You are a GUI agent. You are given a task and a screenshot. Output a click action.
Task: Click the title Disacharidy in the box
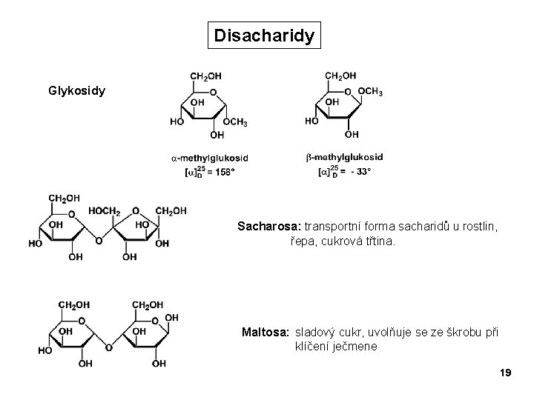(x=265, y=35)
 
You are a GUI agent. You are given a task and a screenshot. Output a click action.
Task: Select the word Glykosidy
(x=76, y=91)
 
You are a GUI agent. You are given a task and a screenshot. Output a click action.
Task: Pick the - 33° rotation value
(x=360, y=171)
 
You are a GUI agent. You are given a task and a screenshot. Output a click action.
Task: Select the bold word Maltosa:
(x=266, y=331)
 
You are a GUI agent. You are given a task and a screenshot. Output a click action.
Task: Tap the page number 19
(x=506, y=372)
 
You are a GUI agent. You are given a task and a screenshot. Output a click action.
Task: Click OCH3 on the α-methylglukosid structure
(x=235, y=122)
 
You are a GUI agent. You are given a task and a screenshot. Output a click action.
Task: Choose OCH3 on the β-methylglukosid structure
(x=370, y=92)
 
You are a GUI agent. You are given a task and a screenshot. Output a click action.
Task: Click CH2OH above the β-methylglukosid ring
(x=340, y=76)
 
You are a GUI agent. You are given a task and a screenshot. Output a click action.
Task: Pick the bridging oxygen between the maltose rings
(x=108, y=347)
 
